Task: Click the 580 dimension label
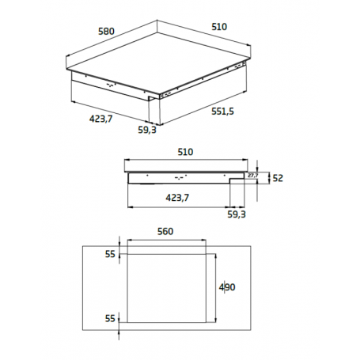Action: pos(106,32)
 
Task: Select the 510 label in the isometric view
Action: pos(219,27)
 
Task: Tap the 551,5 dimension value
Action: pos(222,112)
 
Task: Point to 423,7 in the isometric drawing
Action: pos(100,119)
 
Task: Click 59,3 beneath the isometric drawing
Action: pos(147,130)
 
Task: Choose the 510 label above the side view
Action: pos(185,152)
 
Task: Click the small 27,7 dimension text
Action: pos(253,176)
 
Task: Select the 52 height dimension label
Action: pos(278,178)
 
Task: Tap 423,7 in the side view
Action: pos(177,198)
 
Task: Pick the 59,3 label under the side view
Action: pos(237,214)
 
